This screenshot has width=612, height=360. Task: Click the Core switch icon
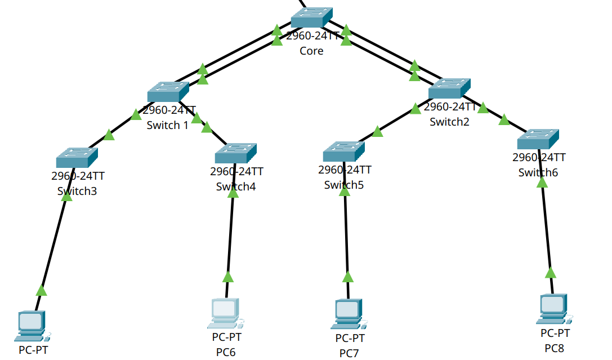[x=311, y=18]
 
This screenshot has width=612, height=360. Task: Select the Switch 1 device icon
[x=168, y=92]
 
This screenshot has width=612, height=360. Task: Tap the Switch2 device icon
[x=449, y=89]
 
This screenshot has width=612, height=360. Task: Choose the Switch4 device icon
[x=236, y=153]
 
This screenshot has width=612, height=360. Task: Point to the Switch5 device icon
[x=343, y=151]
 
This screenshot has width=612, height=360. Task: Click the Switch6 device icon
[x=538, y=139]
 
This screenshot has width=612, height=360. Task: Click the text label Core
[x=311, y=51]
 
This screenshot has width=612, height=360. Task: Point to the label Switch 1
[x=167, y=125]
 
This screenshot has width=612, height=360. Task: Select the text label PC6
[x=226, y=352]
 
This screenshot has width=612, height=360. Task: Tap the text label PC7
[x=349, y=353]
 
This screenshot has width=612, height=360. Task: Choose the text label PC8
[x=554, y=348]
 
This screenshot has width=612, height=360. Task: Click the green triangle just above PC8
[x=551, y=273]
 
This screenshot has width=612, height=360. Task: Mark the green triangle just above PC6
[x=228, y=277]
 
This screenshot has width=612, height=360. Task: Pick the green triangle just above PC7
[x=348, y=277]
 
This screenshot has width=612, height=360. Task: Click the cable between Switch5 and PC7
[x=346, y=237]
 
